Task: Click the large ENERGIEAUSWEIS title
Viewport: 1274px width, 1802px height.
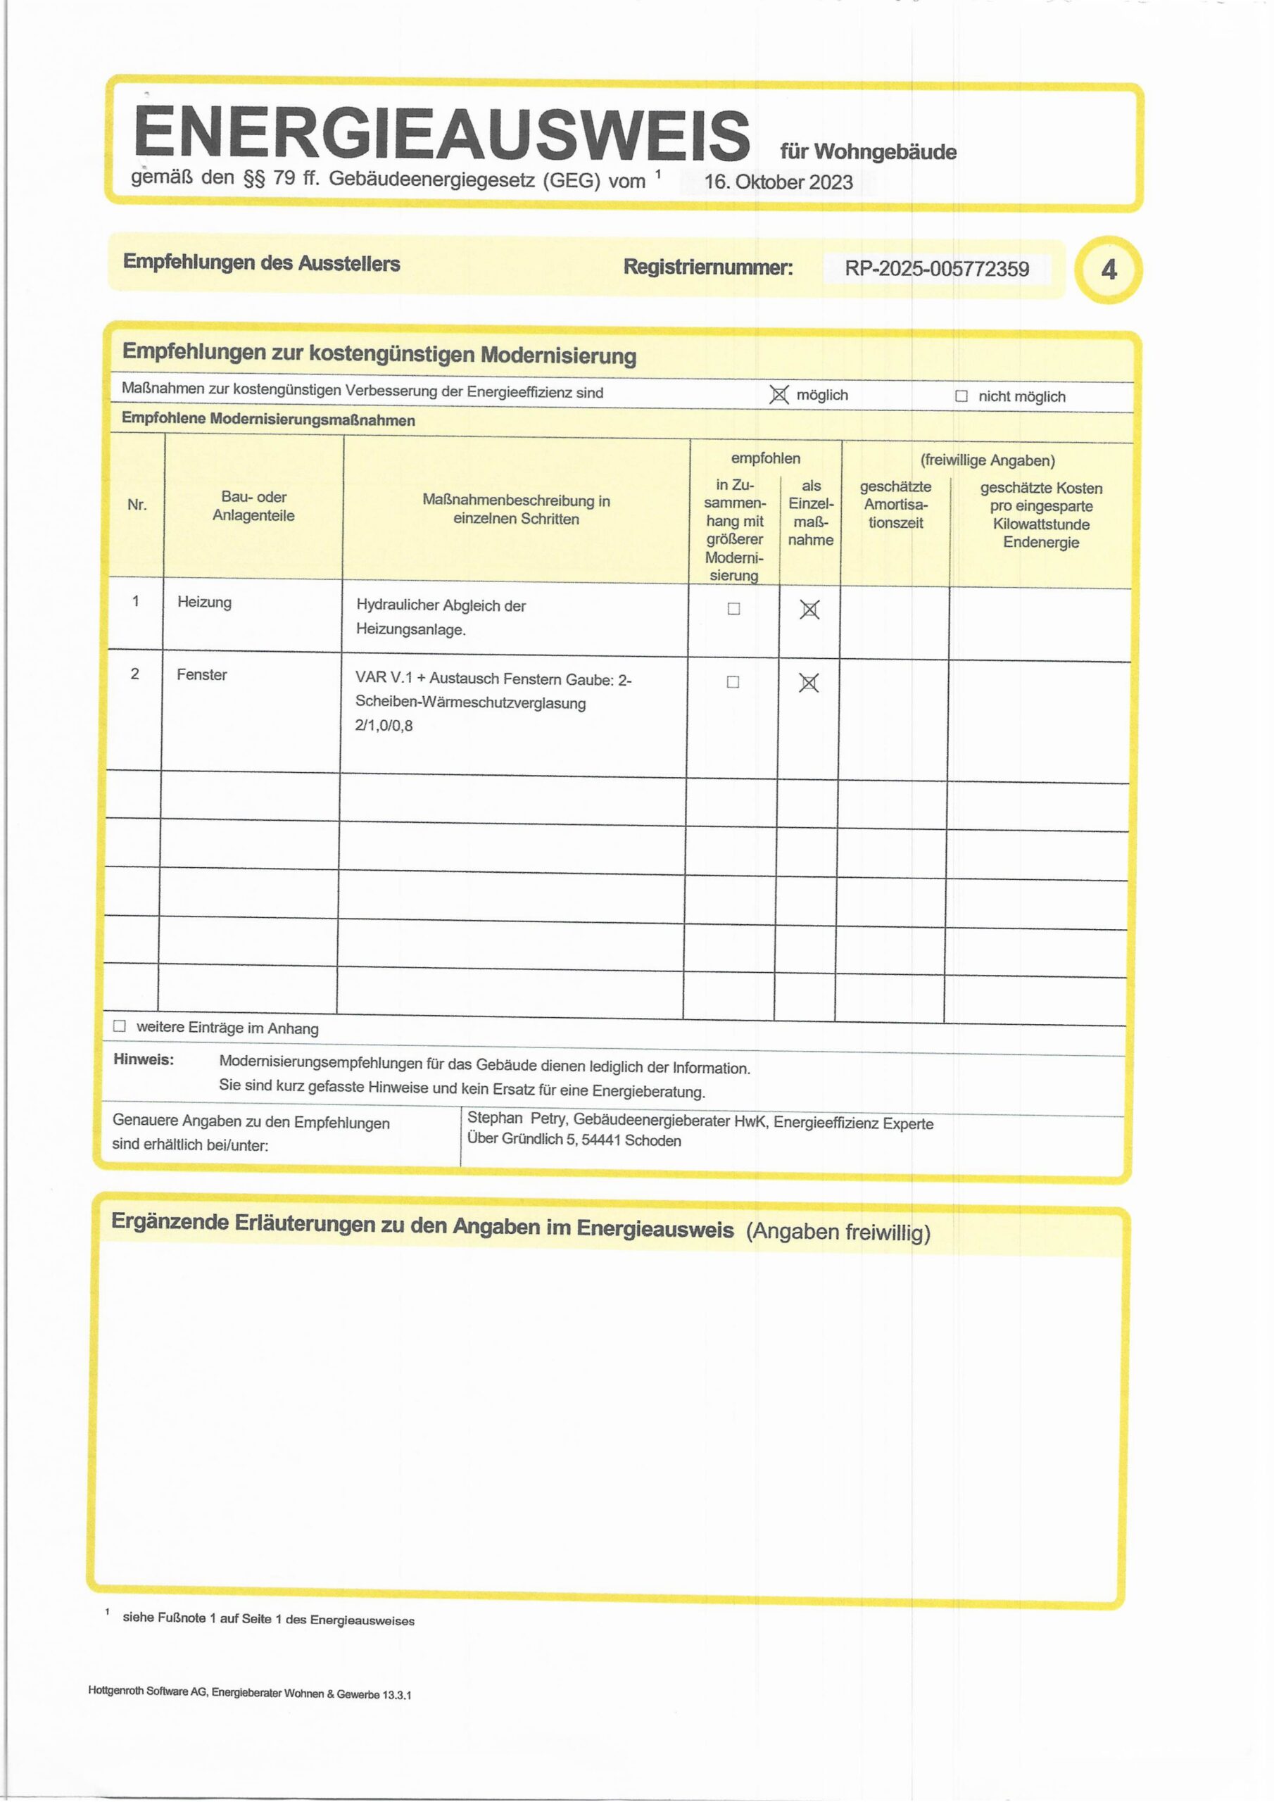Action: [x=441, y=132]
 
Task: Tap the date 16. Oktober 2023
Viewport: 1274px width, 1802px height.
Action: [x=778, y=182]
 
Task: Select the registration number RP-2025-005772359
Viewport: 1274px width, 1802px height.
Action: [x=936, y=269]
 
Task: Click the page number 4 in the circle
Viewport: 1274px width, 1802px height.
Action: [x=1109, y=270]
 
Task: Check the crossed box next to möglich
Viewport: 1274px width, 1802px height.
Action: [x=778, y=395]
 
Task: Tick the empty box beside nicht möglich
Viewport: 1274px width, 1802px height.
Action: [x=961, y=396]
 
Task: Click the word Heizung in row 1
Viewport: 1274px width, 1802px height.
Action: [x=204, y=602]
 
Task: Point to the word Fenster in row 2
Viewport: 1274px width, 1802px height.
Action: [x=202, y=674]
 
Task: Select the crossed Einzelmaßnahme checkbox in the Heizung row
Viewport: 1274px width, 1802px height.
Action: [x=809, y=610]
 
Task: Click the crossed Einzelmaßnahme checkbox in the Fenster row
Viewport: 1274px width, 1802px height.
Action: [x=809, y=683]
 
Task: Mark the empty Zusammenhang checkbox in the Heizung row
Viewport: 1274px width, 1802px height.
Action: [x=734, y=608]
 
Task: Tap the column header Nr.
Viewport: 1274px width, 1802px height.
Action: [x=137, y=505]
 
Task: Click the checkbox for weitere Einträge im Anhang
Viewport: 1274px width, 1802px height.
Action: [x=120, y=1026]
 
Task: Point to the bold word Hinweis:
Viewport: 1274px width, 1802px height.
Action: [x=144, y=1059]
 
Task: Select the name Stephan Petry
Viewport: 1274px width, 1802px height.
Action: [x=517, y=1119]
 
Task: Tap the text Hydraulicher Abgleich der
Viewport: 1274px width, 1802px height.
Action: [x=441, y=606]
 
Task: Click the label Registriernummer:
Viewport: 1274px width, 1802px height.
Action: [x=708, y=267]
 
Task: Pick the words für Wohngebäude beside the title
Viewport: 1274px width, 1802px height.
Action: [x=868, y=151]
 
